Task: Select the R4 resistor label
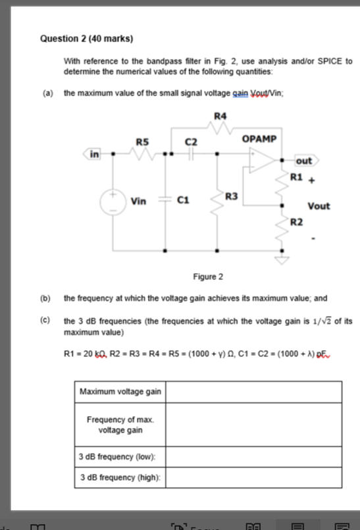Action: click(221, 116)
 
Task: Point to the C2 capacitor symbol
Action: click(191, 155)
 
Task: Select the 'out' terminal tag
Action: click(304, 161)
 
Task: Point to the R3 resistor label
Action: click(231, 196)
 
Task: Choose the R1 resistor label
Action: click(296, 178)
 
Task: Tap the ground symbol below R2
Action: click(284, 261)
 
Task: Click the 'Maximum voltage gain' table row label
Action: click(120, 392)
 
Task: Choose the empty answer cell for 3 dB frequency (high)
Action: click(253, 477)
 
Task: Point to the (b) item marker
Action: click(48, 298)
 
